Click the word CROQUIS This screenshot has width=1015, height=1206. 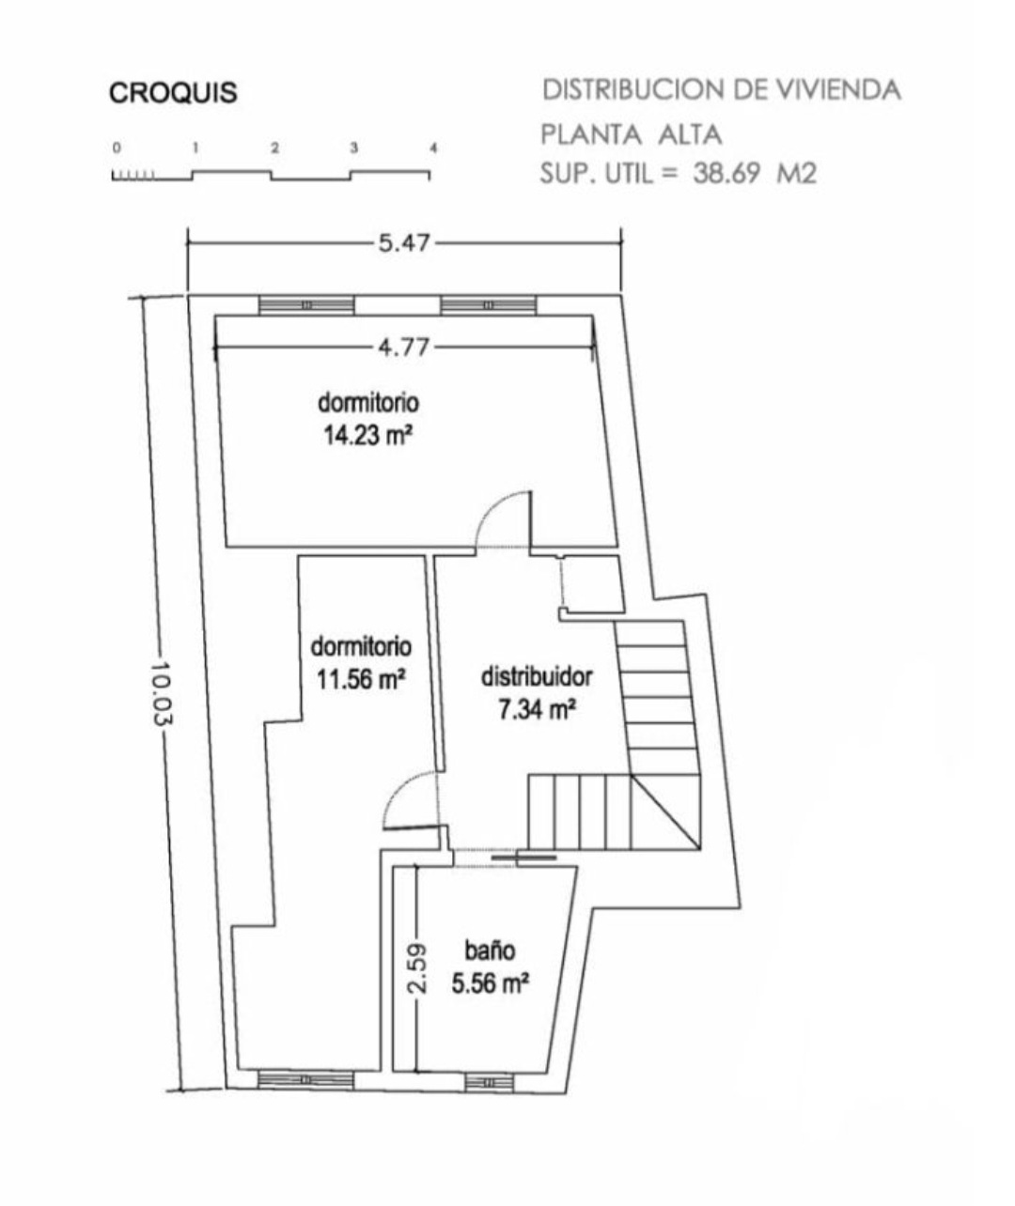click(173, 93)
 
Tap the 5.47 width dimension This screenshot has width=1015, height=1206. click(404, 243)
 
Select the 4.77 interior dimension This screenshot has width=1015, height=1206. click(404, 348)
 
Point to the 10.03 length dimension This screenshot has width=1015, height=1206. click(162, 692)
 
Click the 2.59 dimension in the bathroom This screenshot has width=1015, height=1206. click(416, 968)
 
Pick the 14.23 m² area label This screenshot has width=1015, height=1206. click(368, 435)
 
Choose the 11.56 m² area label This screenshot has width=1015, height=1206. click(361, 680)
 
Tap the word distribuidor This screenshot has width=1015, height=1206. click(537, 676)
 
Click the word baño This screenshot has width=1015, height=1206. click(491, 951)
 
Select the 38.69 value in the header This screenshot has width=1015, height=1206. click(726, 173)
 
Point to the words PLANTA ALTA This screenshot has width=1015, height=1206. click(631, 135)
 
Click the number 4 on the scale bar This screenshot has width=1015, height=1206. click(433, 147)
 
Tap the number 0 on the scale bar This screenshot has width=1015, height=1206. click(117, 147)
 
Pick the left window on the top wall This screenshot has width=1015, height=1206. click(306, 305)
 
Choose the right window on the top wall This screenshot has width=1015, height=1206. click(489, 305)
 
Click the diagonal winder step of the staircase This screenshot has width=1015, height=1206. click(665, 812)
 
